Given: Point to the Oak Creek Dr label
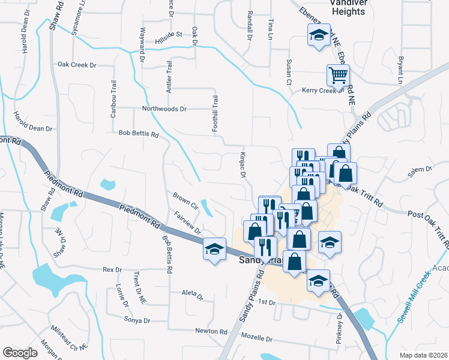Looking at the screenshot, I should pos(77,64).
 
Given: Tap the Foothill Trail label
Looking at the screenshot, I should pos(214,113).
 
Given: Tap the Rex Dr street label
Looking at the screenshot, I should pos(112,269).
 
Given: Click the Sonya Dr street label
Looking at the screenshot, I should pos(137,320).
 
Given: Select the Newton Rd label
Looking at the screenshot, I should pos(211,331).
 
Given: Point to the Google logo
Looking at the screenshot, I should pos(20,352).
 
